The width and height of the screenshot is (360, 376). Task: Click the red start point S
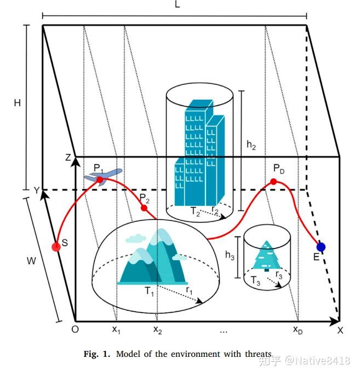56,247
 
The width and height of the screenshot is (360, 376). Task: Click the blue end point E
321,247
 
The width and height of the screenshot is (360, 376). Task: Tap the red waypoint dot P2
145,208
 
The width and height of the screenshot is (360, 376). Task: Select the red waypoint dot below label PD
273,181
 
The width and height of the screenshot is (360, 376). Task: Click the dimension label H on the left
18,103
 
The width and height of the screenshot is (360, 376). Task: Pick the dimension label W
31,261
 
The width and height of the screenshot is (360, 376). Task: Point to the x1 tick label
116,329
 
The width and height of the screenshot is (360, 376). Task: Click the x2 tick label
157,329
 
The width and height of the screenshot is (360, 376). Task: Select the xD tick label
298,329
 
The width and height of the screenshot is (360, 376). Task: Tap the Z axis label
67,158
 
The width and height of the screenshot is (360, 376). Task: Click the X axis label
340,330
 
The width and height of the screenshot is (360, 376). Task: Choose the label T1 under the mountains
150,292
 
